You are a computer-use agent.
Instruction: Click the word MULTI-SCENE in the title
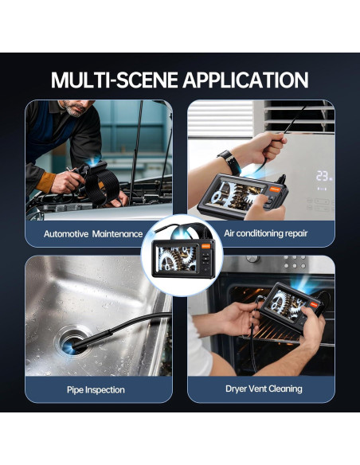click(x=115, y=80)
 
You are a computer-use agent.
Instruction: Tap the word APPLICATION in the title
click(x=246, y=80)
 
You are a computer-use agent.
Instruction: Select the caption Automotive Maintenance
click(x=93, y=234)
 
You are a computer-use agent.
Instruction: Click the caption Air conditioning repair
click(x=266, y=233)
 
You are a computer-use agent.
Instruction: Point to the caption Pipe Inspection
click(x=96, y=389)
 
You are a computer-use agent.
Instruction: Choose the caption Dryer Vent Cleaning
click(x=264, y=389)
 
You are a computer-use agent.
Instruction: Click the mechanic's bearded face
click(x=76, y=107)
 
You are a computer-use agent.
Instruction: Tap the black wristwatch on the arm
click(x=230, y=162)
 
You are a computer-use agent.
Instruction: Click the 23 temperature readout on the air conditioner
click(x=323, y=175)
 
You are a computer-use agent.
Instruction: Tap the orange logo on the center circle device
click(x=205, y=246)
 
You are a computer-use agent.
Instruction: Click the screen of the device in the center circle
click(x=176, y=258)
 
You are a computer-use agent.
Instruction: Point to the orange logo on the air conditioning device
click(x=274, y=190)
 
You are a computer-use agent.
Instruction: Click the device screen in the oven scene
click(x=285, y=306)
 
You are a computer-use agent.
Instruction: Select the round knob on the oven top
click(x=252, y=259)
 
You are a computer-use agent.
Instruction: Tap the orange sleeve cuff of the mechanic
click(x=45, y=182)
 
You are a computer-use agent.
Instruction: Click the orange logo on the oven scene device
click(x=315, y=304)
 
